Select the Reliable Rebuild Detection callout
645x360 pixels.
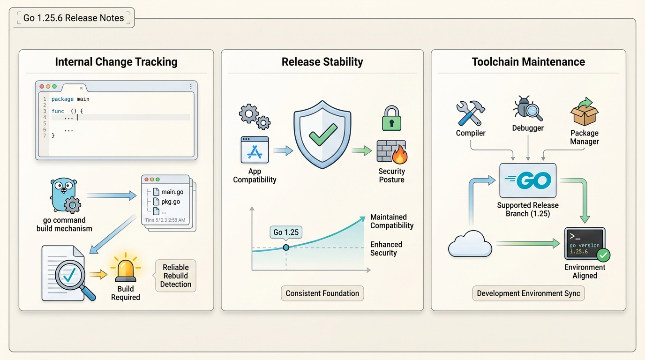(176, 276)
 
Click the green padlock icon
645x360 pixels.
(391, 118)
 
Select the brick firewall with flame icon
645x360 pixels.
(392, 151)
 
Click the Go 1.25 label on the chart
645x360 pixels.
(286, 232)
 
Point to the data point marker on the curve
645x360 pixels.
(286, 247)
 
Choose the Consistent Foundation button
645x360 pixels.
(322, 293)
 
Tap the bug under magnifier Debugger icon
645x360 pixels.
(528, 109)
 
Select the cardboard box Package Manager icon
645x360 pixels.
(585, 112)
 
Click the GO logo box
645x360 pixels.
(528, 180)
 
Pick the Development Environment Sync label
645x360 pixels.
(528, 293)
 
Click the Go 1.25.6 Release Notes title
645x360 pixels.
(74, 18)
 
